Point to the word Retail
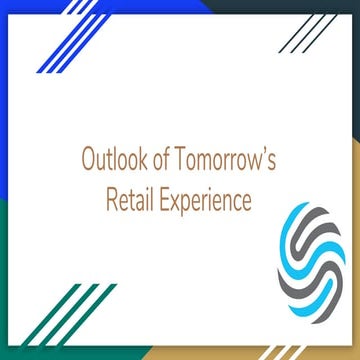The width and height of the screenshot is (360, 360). pyautogui.click(x=130, y=200)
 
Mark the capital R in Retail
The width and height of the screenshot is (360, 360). pyautogui.click(x=111, y=200)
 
